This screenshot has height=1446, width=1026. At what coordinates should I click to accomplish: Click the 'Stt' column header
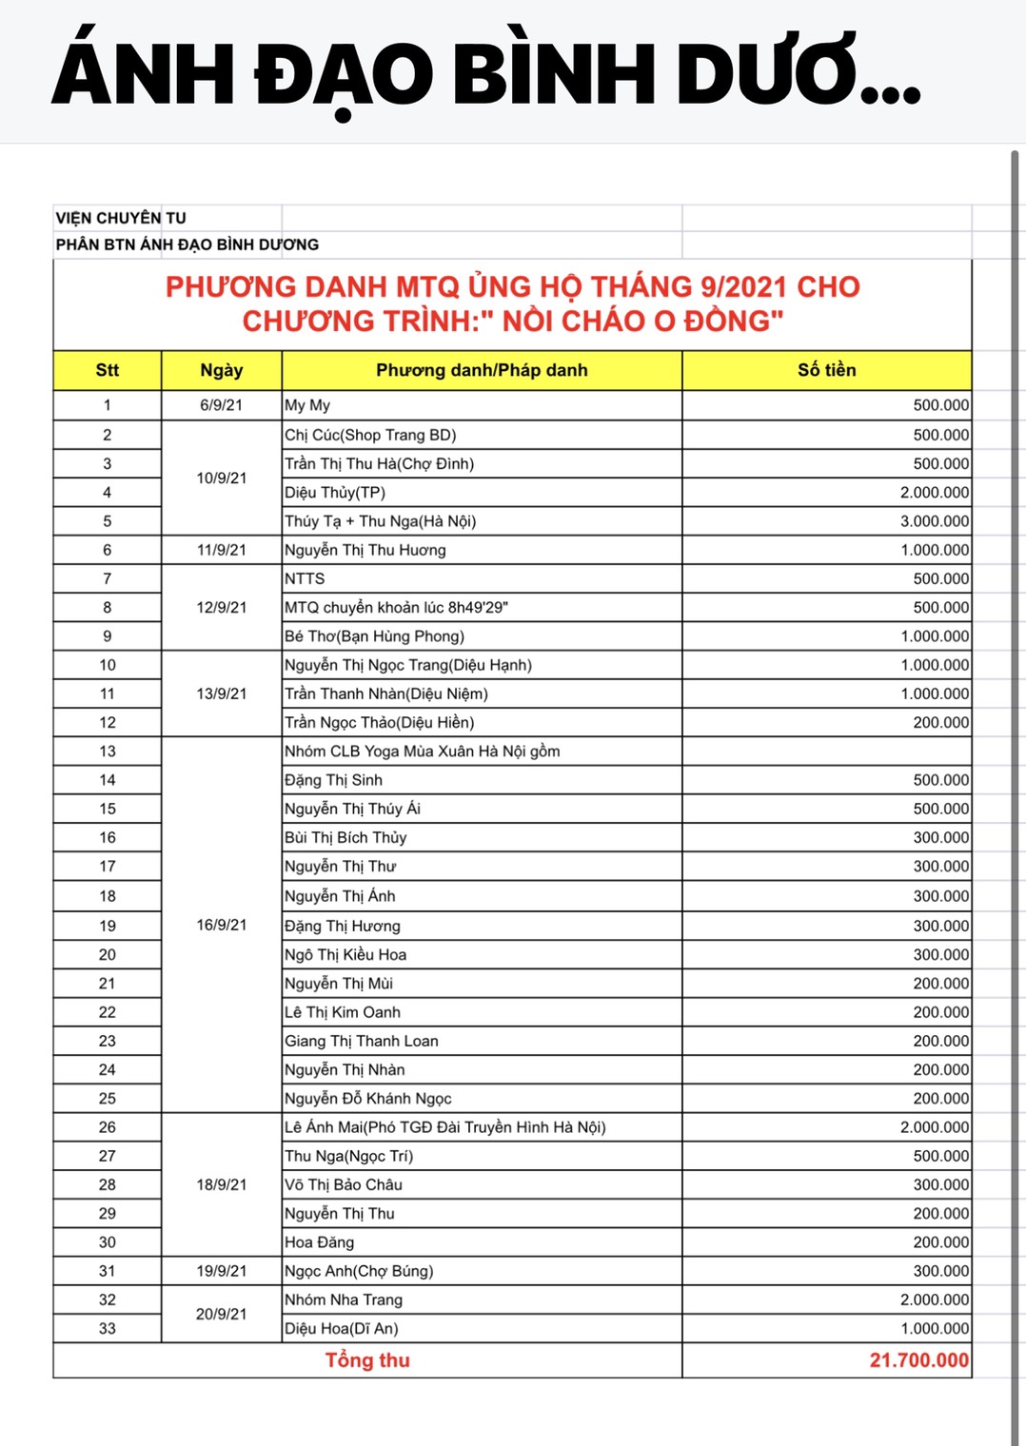click(x=107, y=370)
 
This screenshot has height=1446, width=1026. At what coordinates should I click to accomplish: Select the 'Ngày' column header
click(x=221, y=370)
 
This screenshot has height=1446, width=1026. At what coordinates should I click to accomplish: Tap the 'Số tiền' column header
click(x=826, y=370)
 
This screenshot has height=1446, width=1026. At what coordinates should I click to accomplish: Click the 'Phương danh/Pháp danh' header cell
click(x=482, y=370)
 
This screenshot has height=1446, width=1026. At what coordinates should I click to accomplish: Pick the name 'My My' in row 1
click(x=307, y=405)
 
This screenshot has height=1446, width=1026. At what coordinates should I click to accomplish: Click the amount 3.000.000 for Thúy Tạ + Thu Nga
click(x=935, y=521)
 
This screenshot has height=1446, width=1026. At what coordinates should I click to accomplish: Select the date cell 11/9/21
click(x=221, y=550)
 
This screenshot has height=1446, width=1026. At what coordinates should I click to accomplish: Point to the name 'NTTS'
click(x=305, y=578)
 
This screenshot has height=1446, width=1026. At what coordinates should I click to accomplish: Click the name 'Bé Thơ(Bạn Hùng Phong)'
click(x=374, y=636)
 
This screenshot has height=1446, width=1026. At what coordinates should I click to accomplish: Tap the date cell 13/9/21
click(x=221, y=694)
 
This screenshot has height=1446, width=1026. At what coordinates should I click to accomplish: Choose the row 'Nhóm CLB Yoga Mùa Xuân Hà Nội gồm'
click(x=422, y=752)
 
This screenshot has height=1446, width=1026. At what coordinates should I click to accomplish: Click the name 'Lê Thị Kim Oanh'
click(x=343, y=1012)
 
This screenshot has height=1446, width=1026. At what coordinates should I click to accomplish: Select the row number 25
click(x=107, y=1099)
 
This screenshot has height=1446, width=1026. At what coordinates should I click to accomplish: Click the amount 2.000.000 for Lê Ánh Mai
click(x=935, y=1127)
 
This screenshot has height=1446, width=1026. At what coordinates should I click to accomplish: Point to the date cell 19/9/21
click(x=221, y=1271)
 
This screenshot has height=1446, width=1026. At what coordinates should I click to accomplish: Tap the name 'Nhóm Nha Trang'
click(x=344, y=1299)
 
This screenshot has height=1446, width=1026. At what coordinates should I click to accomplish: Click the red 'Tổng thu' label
click(x=367, y=1360)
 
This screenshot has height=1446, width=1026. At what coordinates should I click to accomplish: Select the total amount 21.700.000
click(x=918, y=1360)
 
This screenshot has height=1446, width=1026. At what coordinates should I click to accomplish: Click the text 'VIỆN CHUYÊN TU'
click(x=121, y=218)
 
